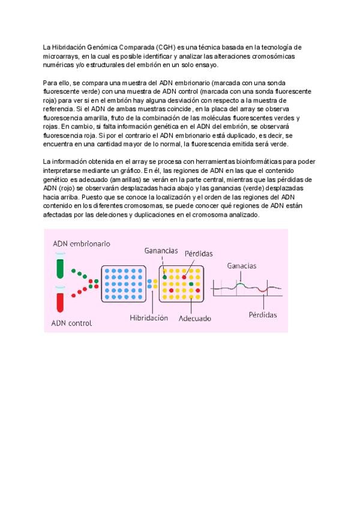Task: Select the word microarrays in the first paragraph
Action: point(61,56)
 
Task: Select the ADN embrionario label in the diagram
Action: point(81,244)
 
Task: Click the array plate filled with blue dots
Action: point(123,284)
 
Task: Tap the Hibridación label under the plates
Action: point(149,318)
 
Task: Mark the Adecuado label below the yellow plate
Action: point(195,319)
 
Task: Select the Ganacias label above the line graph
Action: point(242,265)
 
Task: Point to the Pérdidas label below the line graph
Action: point(263,315)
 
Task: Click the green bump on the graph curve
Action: point(241,284)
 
